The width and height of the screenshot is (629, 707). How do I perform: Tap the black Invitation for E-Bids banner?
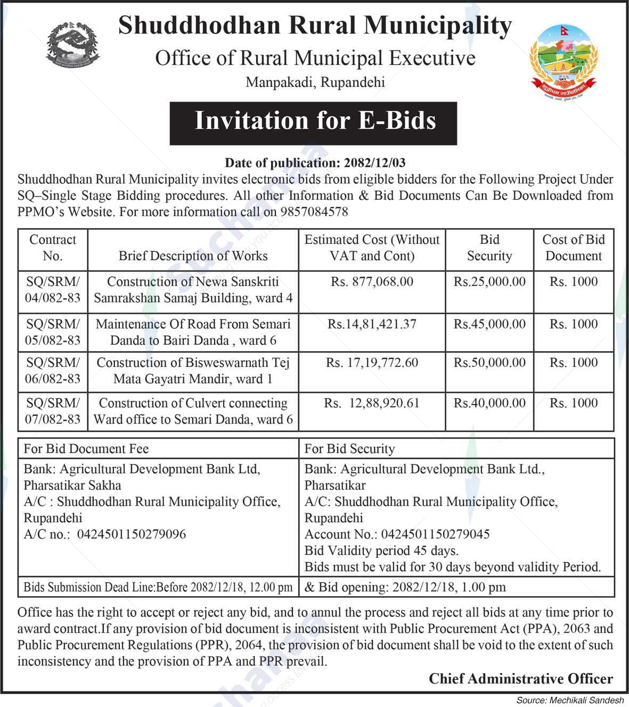314,121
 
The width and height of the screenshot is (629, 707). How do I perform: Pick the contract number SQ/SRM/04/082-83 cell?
52,290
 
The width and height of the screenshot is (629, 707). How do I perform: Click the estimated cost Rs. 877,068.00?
372,282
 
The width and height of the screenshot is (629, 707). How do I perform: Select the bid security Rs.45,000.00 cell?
489,324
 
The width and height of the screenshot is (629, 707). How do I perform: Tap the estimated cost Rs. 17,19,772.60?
372,363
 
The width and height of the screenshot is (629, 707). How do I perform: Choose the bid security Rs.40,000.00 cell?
489,404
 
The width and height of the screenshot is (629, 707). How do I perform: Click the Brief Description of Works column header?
193,256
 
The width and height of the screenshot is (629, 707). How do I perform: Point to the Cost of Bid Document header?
573,248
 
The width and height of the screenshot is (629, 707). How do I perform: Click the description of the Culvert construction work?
193,412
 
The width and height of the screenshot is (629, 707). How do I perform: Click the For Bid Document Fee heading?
86,449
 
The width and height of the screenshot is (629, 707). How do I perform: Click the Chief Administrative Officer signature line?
521,679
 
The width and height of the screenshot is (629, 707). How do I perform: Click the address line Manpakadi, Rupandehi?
315,83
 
